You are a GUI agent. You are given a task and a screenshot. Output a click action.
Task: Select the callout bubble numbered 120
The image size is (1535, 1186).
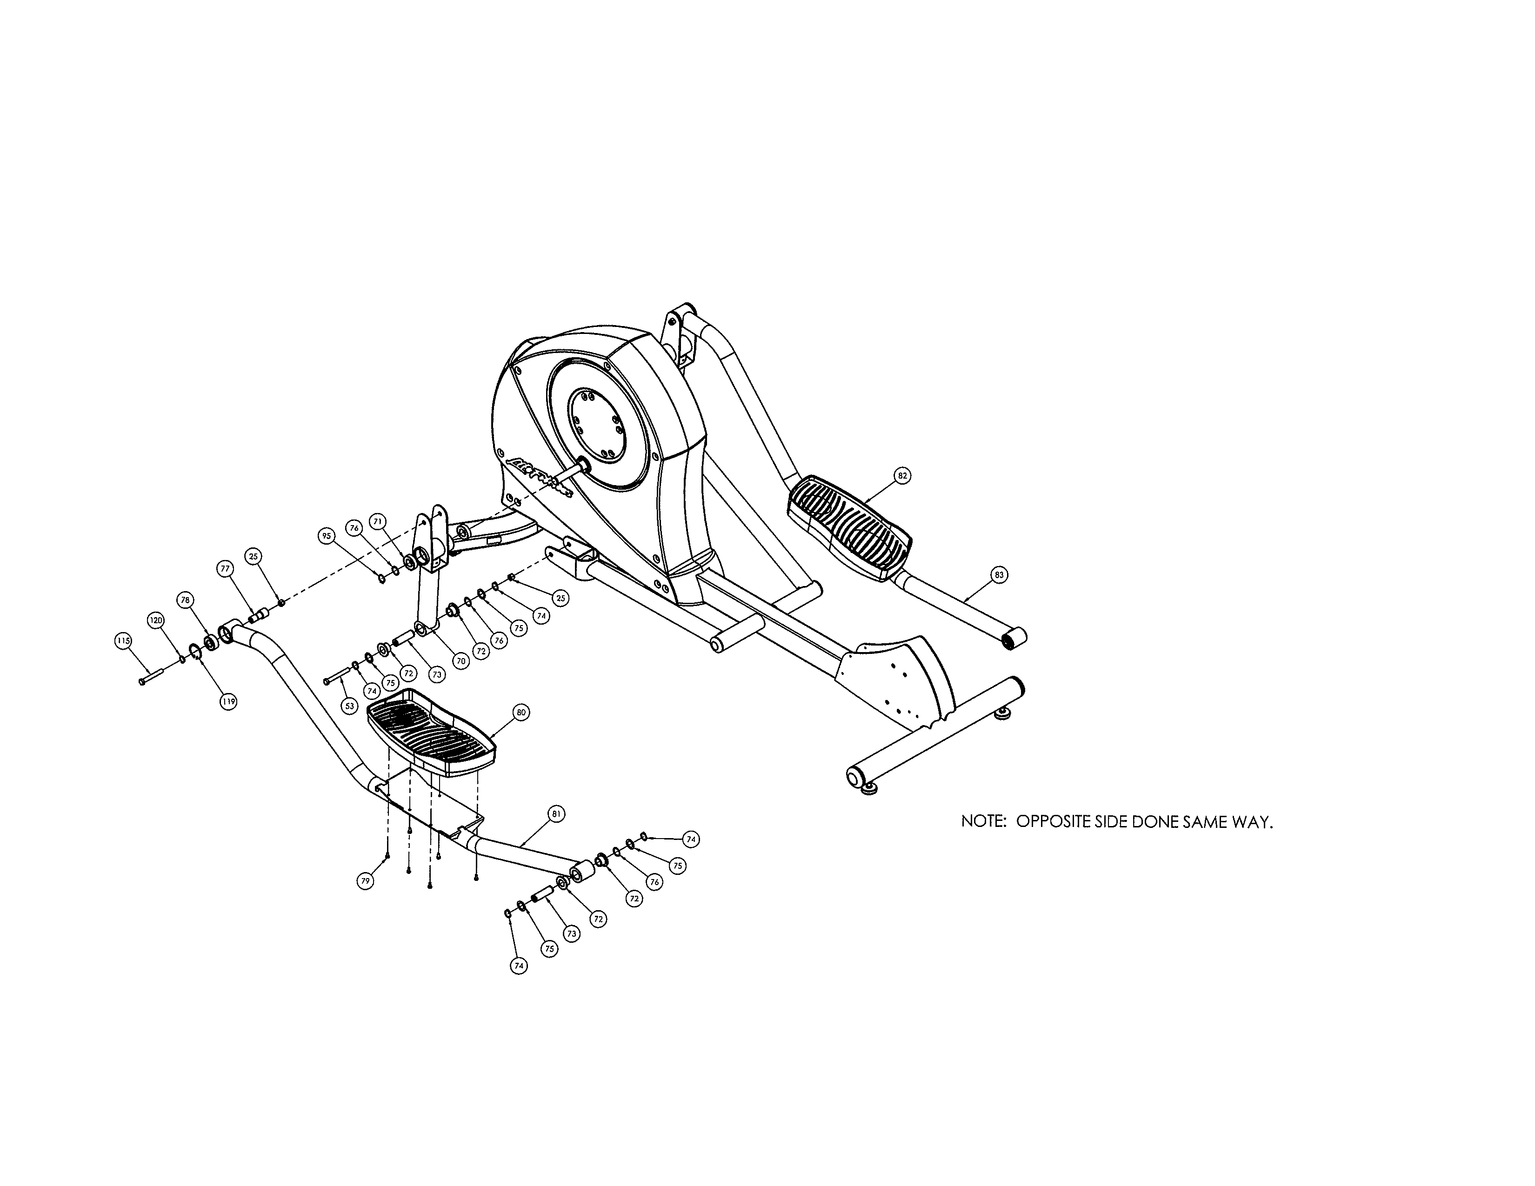tap(156, 620)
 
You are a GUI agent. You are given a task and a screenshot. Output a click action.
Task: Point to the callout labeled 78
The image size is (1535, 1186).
tap(186, 600)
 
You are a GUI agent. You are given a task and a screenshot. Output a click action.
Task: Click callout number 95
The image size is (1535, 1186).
tap(326, 536)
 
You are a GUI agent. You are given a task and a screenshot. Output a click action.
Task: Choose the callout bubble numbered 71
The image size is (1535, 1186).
tap(378, 521)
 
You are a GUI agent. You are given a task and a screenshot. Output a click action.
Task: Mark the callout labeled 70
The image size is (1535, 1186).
tap(460, 660)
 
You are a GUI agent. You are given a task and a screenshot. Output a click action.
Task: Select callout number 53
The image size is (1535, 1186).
tap(350, 706)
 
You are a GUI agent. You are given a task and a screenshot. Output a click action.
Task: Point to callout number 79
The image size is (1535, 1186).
tap(365, 881)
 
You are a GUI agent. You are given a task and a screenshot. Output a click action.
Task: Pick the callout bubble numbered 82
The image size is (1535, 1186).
tap(902, 476)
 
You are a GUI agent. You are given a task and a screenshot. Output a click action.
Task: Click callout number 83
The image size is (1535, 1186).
tap(999, 575)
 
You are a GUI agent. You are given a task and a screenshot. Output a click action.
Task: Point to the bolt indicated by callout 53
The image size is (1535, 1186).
tap(337, 677)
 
